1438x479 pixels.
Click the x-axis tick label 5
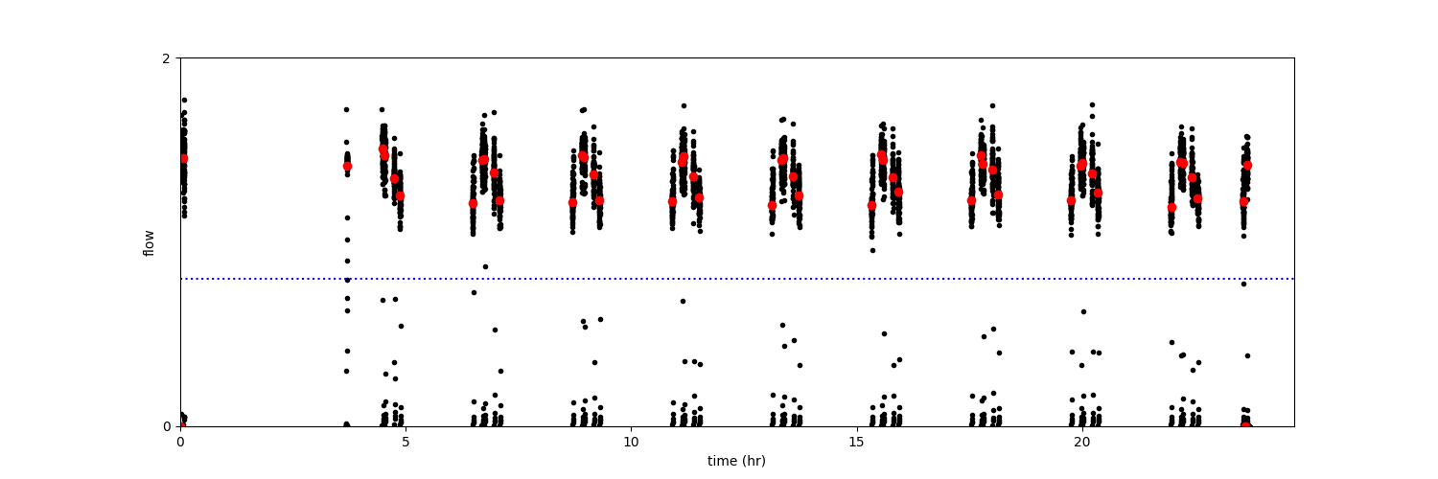(x=406, y=442)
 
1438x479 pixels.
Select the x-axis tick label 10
(x=631, y=442)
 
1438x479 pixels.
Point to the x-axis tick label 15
(x=856, y=442)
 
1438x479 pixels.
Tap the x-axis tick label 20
(x=1081, y=442)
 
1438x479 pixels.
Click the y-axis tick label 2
(x=166, y=58)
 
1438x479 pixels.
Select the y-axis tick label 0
(x=166, y=426)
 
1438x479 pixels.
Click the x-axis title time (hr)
(x=736, y=461)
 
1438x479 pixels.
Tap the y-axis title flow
(x=149, y=242)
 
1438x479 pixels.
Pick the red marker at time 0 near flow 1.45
(x=183, y=159)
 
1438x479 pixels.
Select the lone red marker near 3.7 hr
(x=347, y=166)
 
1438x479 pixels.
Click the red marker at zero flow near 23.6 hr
(x=1245, y=425)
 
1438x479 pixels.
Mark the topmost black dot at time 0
(x=184, y=100)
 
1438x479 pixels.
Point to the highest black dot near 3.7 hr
(x=347, y=109)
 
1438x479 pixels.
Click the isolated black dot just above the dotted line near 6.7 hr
(x=485, y=266)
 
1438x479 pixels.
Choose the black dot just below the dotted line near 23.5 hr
(x=1243, y=284)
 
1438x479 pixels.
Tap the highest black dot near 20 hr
(x=1091, y=104)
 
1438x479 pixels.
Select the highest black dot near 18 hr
(x=992, y=105)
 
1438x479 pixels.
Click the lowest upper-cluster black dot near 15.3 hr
(x=872, y=250)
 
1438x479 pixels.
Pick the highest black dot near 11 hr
(x=684, y=105)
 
